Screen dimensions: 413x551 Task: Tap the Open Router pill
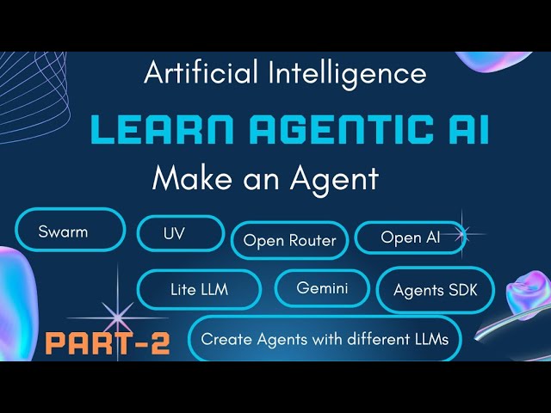(289, 240)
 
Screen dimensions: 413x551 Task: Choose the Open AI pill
(410, 237)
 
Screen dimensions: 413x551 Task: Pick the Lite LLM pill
(199, 289)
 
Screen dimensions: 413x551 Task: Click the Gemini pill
(322, 288)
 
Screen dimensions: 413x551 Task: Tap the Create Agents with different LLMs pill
(325, 339)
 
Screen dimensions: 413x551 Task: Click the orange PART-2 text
(108, 343)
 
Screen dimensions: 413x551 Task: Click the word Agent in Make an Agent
(331, 178)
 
